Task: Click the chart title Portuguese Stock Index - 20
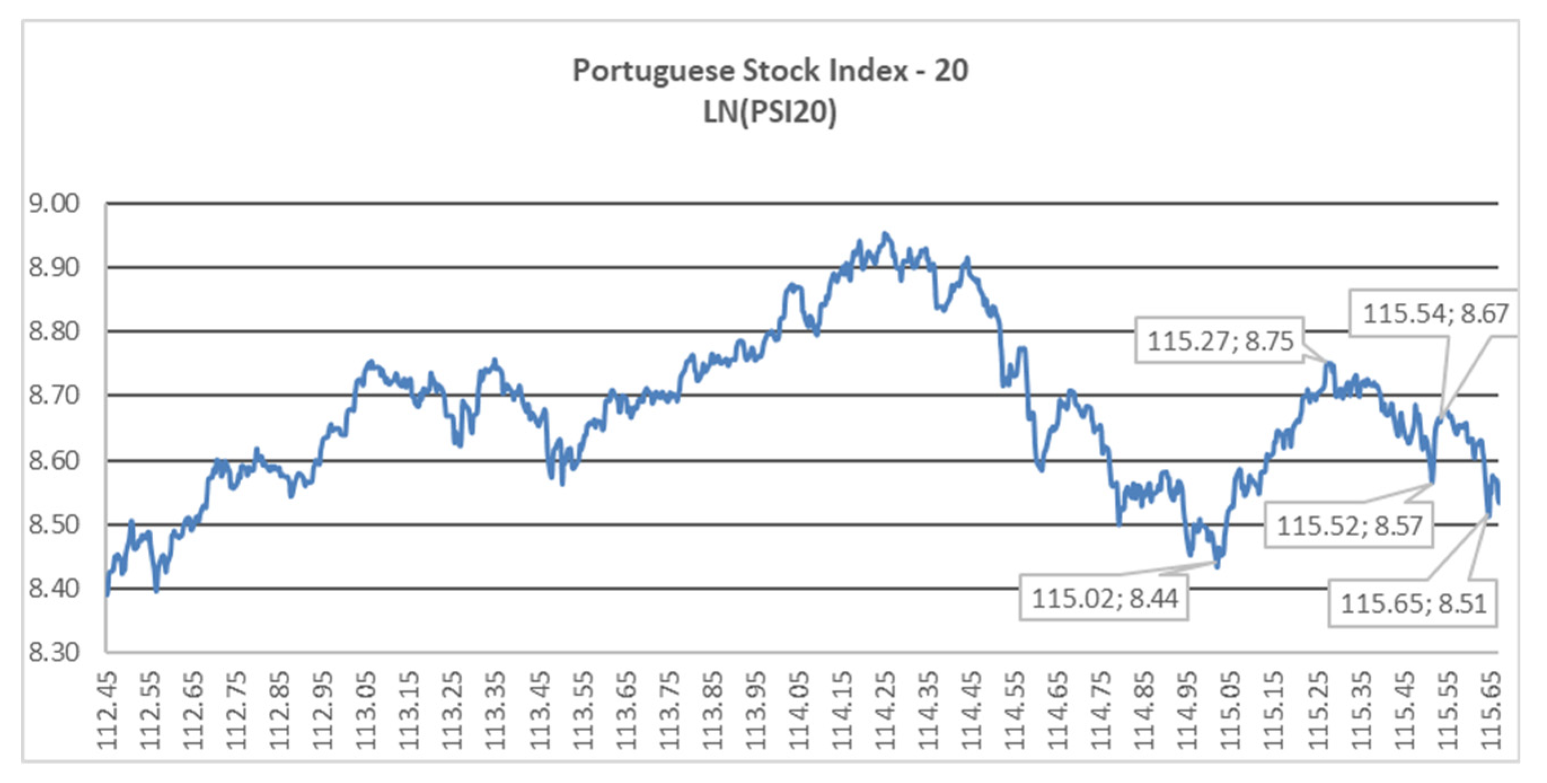(770, 71)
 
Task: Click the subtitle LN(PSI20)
(770, 112)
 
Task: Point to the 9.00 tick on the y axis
(54, 204)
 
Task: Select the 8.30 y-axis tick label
(54, 652)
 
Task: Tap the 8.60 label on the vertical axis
(54, 461)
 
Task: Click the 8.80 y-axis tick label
(54, 331)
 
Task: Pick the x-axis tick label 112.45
(108, 710)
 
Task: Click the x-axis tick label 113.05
(366, 710)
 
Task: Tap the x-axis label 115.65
(1490, 710)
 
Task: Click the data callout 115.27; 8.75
(1219, 341)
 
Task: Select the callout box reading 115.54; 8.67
(1435, 314)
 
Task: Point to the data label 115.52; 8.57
(1349, 526)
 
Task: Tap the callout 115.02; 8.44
(1104, 599)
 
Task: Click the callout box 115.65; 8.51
(1413, 603)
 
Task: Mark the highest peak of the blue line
(885, 234)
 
